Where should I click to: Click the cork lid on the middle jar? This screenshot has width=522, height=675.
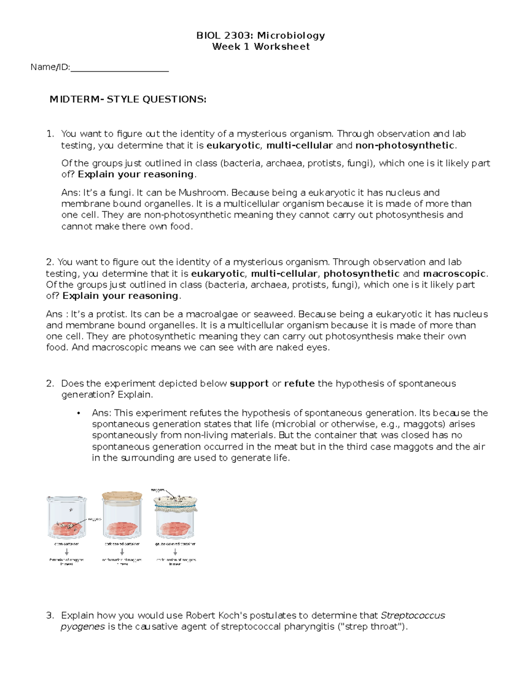tap(122, 496)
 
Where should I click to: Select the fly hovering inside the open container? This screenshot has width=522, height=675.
tap(67, 509)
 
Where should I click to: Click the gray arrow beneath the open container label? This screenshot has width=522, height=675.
tap(67, 552)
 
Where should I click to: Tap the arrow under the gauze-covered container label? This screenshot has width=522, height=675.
tap(175, 552)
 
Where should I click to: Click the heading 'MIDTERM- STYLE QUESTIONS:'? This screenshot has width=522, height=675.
tap(128, 100)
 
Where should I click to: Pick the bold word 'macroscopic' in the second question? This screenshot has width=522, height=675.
tap(454, 274)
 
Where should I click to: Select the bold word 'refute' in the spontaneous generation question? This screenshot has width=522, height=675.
tap(299, 383)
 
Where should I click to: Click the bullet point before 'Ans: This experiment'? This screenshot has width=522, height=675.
tap(78, 413)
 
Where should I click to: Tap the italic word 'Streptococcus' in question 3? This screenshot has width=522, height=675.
tap(413, 615)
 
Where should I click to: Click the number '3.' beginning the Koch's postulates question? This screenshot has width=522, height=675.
tap(50, 615)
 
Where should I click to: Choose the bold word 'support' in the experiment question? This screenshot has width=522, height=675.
tap(249, 383)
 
